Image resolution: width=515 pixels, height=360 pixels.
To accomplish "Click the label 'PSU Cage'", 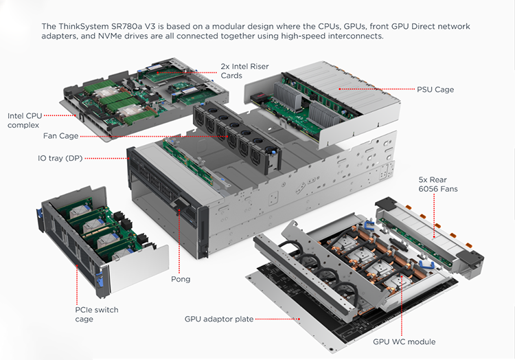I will [435, 89].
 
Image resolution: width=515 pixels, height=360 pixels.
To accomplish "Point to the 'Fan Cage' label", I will [60, 136].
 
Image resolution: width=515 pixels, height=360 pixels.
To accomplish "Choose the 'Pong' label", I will [180, 279].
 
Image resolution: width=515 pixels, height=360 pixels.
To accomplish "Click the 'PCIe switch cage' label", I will [96, 315].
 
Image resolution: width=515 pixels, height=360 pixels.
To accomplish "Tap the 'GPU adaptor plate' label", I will [219, 319].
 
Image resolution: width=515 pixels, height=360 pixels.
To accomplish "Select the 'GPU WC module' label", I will [404, 341].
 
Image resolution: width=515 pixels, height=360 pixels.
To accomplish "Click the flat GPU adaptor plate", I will [295, 302].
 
